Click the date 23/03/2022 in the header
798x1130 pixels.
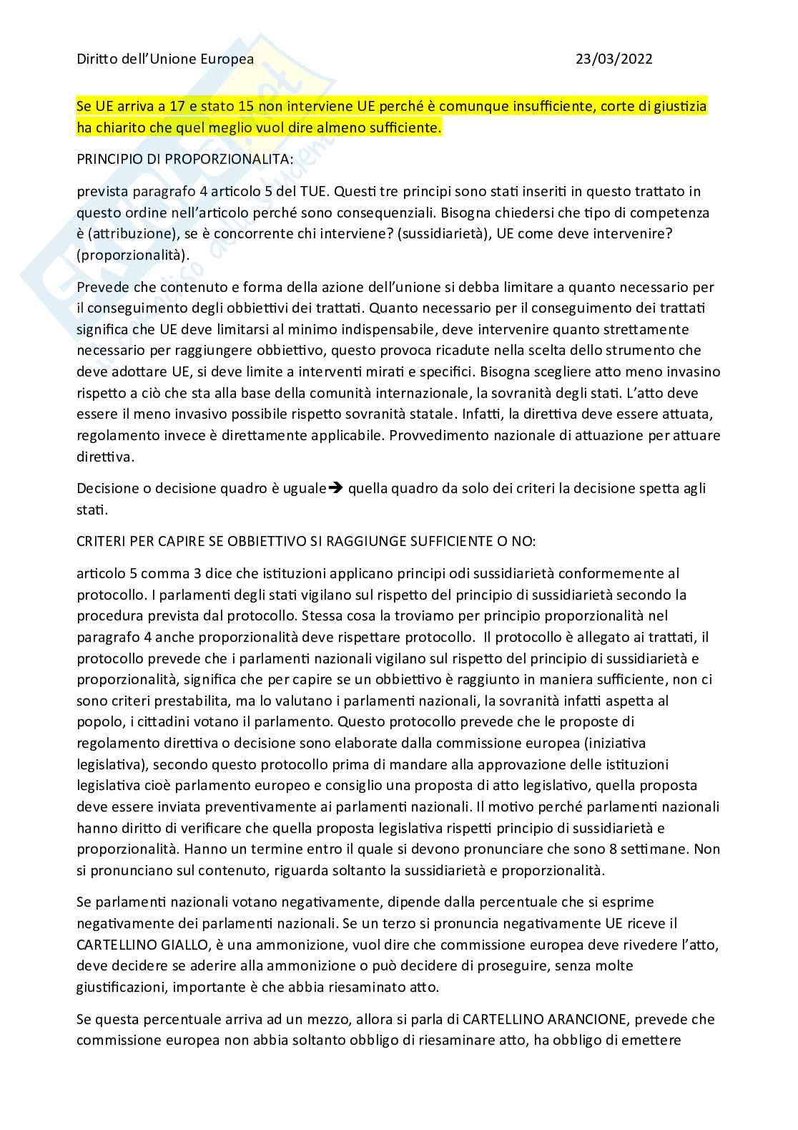[x=614, y=59]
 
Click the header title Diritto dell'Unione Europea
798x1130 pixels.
[x=165, y=59]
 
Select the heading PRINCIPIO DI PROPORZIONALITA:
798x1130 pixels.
[x=184, y=160]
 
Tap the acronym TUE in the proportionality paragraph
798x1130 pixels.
[x=302, y=192]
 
